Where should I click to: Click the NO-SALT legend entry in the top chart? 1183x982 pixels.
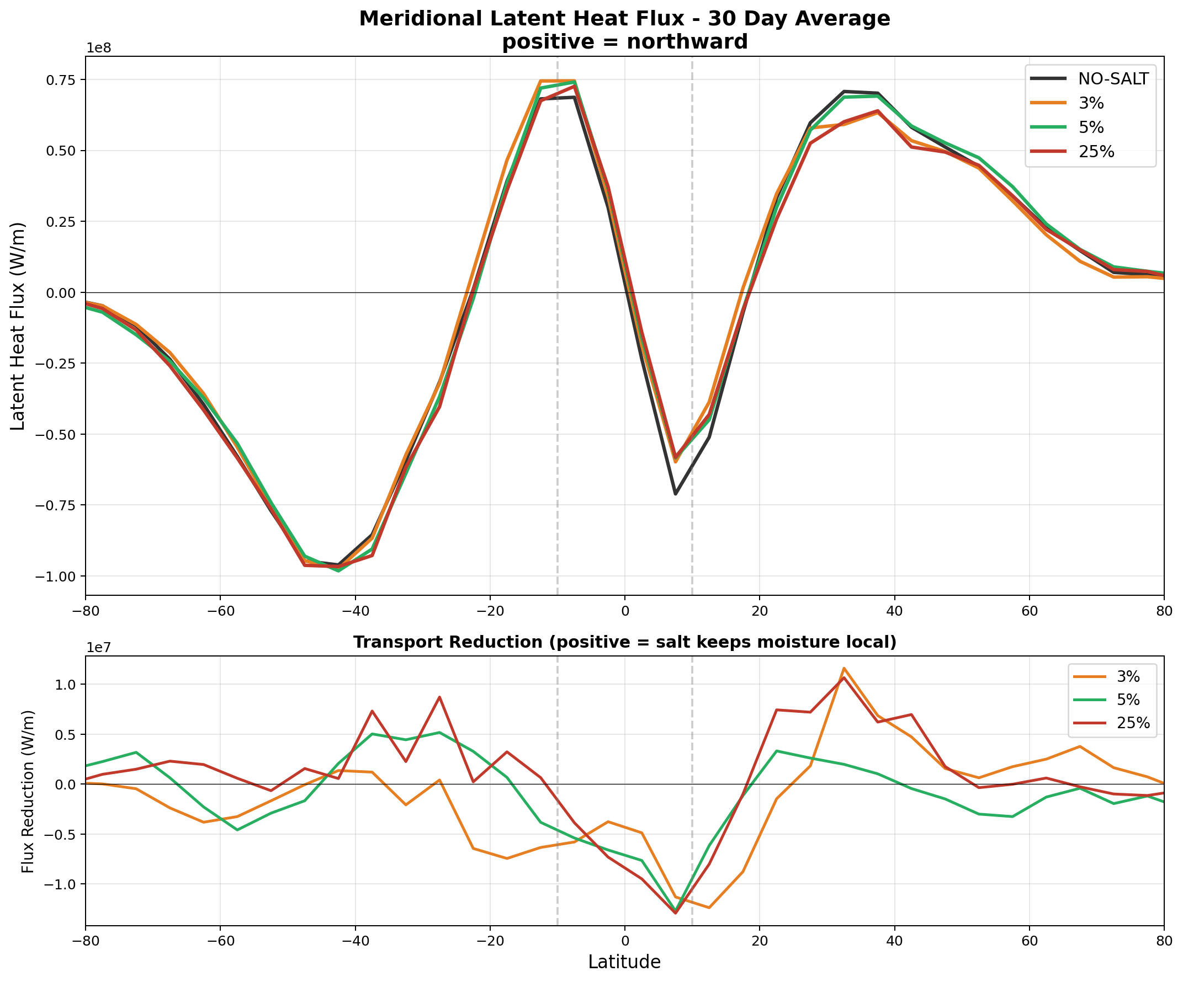tap(1112, 79)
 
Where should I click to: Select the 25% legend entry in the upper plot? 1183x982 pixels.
tap(1096, 152)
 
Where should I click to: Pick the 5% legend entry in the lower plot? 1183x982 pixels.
tap(1128, 700)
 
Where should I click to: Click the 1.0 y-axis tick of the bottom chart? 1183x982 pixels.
tap(68, 685)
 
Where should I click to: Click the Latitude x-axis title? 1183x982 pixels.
tap(624, 962)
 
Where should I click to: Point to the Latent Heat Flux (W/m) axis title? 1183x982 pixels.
tap(18, 326)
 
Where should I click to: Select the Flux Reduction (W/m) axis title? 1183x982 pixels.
tap(28, 791)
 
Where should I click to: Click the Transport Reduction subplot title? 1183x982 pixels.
tap(624, 643)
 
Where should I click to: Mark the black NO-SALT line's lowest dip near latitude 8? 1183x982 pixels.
tap(676, 494)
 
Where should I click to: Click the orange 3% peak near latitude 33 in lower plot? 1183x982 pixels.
tap(844, 669)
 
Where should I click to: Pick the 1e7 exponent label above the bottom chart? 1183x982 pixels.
tap(99, 648)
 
